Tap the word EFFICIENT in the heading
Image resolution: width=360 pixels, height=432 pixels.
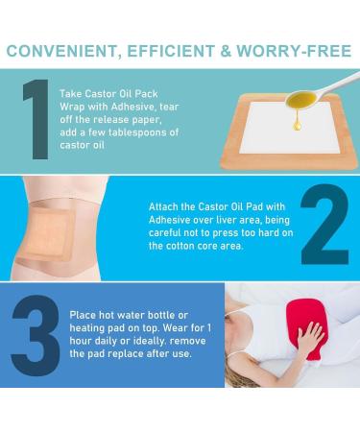pos(171,51)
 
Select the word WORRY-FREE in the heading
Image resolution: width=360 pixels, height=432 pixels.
pos(294,51)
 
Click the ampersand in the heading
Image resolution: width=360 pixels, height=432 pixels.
pos(226,51)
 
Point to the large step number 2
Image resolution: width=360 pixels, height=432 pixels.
pos(324,224)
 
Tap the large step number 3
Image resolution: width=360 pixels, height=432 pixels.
pos(36,335)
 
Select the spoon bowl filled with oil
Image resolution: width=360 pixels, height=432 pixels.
pos(300,100)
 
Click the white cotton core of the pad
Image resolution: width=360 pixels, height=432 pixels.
pos(290,128)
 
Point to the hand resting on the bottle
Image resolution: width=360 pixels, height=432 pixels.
pos(310,339)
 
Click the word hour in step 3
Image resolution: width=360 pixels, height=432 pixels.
pos(81,341)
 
